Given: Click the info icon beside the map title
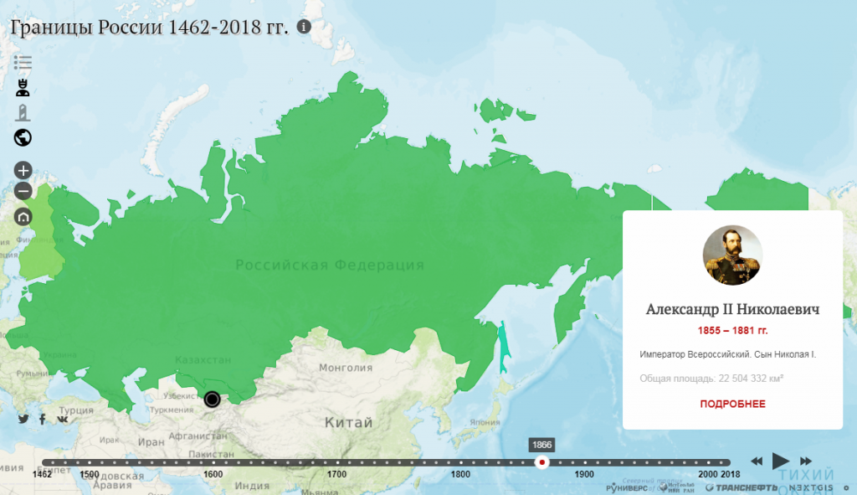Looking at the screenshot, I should tap(304, 27).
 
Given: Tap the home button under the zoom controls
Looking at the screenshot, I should tap(23, 216).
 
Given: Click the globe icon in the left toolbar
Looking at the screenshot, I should tap(23, 138).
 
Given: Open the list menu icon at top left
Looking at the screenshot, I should tap(23, 62).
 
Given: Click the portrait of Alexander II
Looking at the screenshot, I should tap(732, 255).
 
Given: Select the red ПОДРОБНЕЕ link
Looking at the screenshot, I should tap(732, 404).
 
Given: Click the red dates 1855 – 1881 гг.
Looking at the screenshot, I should tap(732, 331).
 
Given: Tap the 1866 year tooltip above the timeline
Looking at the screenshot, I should tap(541, 445).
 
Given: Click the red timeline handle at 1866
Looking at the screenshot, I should tap(541, 462).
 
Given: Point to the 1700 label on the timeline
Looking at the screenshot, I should tap(336, 475).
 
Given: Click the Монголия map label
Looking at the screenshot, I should tap(345, 367).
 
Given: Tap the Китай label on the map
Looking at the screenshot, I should tap(348, 423).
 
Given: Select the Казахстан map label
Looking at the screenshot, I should tap(203, 360).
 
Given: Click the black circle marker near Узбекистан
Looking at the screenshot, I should tap(212, 400).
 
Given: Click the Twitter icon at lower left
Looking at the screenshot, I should tap(23, 419).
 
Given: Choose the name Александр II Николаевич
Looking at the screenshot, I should tap(732, 309).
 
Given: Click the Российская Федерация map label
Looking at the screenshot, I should tap(329, 266).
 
